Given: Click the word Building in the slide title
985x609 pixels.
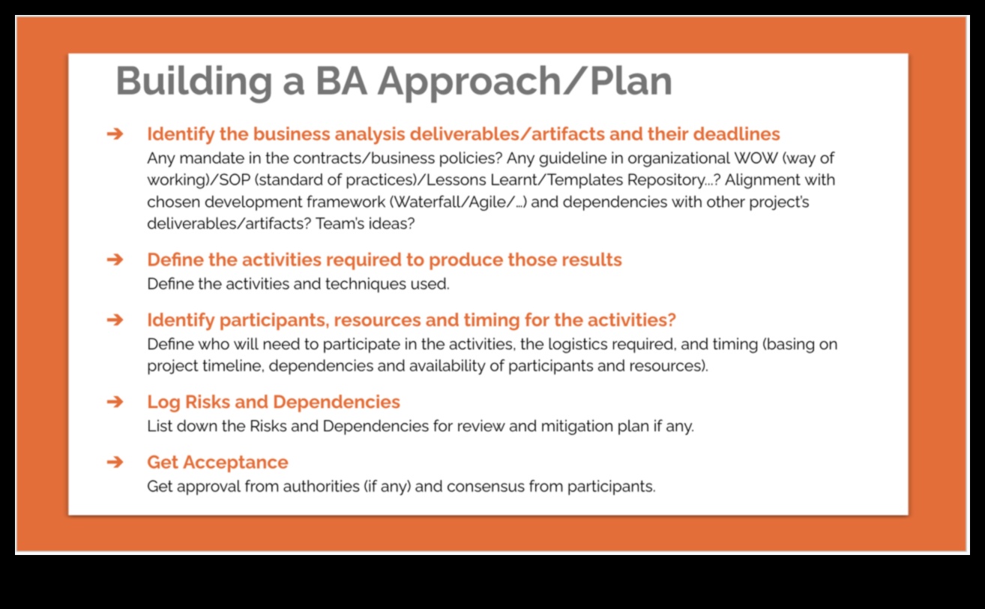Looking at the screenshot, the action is (194, 82).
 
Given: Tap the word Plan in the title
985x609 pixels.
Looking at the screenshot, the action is (631, 80).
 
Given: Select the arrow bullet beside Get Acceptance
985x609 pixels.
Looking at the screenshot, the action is (115, 462).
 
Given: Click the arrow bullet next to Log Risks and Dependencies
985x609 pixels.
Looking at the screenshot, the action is (115, 402).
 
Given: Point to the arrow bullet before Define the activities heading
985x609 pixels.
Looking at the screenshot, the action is (115, 259).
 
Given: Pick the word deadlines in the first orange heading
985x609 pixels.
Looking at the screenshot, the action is (737, 133).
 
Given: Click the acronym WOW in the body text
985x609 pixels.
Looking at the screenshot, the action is (756, 158).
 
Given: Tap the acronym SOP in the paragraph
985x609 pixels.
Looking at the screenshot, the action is (235, 180).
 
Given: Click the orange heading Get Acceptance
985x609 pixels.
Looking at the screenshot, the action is (217, 463).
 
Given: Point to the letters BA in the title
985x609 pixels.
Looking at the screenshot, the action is (341, 81).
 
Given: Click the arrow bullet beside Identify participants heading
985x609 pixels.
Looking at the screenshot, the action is (115, 320).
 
